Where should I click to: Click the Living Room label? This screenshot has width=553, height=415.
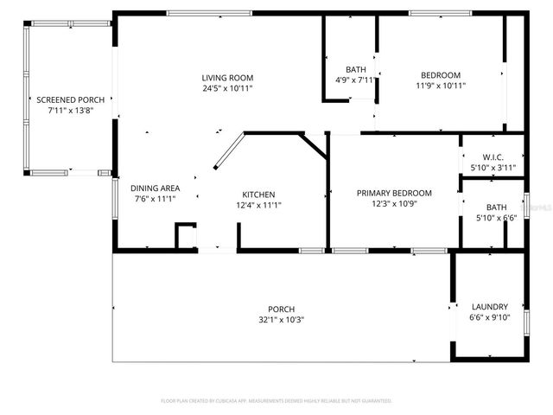(x=228, y=78)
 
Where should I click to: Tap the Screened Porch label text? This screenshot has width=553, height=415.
(x=71, y=99)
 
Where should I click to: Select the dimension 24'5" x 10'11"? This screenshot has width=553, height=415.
(x=228, y=88)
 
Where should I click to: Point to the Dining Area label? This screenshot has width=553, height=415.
(x=155, y=188)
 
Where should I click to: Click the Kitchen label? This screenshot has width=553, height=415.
(x=258, y=195)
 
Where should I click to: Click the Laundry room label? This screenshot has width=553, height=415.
(x=489, y=307)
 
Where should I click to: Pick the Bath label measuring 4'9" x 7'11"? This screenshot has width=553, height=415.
(x=356, y=70)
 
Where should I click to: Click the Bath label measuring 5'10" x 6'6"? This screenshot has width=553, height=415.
(x=496, y=207)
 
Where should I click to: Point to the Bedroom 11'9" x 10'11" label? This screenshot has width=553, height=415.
(x=441, y=74)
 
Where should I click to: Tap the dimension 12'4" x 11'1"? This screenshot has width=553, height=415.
(x=258, y=205)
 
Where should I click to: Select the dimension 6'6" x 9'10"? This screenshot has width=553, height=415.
(x=489, y=317)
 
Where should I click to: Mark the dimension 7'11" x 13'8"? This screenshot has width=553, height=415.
(x=71, y=110)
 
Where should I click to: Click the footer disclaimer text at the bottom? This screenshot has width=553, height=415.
(x=276, y=401)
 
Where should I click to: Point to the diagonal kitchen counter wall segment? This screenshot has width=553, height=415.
(x=228, y=151)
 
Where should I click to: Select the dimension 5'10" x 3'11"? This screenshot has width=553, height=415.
(x=493, y=167)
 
